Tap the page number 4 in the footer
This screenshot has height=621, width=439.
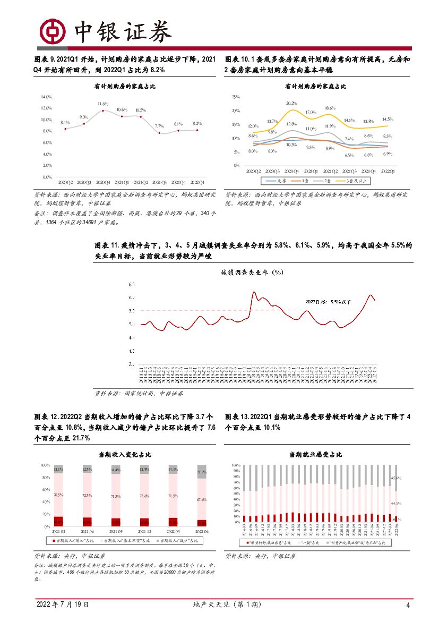(x=408, y=606)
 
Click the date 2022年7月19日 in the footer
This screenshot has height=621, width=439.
(x=63, y=605)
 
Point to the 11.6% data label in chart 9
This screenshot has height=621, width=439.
(x=103, y=104)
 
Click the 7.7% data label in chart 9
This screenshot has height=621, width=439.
(x=159, y=126)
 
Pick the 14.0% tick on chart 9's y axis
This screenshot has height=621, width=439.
(x=46, y=97)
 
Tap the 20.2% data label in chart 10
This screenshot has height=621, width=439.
(x=291, y=103)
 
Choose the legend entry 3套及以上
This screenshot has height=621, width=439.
(x=357, y=181)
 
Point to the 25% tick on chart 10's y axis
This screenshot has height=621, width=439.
(x=236, y=97)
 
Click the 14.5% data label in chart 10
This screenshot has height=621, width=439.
(x=387, y=120)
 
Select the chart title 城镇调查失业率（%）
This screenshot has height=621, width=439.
(x=252, y=273)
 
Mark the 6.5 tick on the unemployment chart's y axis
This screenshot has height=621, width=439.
(x=131, y=285)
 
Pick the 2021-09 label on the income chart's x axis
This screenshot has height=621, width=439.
(x=115, y=531)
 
